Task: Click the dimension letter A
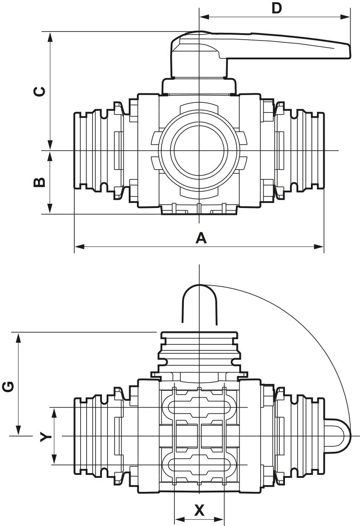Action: pyautogui.click(x=200, y=238)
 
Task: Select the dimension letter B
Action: pyautogui.click(x=39, y=182)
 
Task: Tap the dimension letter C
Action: pyautogui.click(x=39, y=91)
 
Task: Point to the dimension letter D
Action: pyautogui.click(x=277, y=8)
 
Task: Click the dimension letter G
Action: pyautogui.click(x=8, y=386)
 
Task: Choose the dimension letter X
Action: pyautogui.click(x=199, y=510)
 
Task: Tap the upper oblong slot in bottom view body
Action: pyautogui.click(x=199, y=407)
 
